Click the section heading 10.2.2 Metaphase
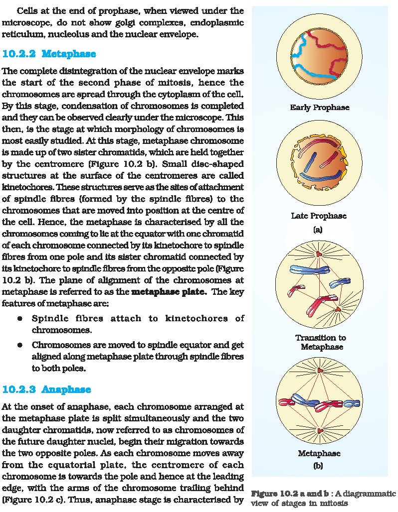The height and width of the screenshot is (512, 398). [49, 53]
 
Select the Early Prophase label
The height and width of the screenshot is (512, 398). [319, 108]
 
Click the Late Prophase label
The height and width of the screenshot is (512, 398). [319, 216]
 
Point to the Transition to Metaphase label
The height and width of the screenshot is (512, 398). [320, 342]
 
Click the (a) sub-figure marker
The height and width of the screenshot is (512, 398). [318, 230]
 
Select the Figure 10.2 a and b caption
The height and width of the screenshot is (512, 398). [323, 498]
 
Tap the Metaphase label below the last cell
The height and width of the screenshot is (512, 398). [319, 454]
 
